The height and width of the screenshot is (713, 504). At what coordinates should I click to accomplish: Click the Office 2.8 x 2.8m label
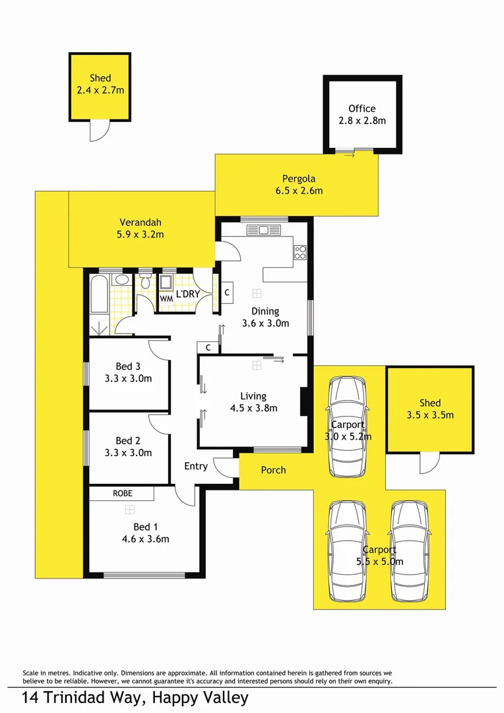tap(362, 114)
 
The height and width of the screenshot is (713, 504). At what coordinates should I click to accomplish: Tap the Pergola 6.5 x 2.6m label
tap(299, 184)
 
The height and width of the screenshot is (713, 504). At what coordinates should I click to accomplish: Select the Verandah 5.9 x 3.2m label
tap(141, 228)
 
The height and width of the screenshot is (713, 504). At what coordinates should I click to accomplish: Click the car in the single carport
tap(347, 426)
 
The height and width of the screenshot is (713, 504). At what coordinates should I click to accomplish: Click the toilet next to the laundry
tap(146, 283)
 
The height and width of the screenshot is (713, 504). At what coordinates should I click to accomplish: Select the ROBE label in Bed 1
tap(122, 493)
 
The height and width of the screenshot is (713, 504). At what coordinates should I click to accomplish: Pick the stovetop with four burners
tap(300, 252)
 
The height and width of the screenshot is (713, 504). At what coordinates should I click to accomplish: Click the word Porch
tap(273, 470)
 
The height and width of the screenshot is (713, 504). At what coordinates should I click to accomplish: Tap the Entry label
tap(196, 466)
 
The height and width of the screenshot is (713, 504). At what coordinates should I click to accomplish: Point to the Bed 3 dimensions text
tap(128, 378)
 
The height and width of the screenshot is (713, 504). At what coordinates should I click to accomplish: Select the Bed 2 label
tap(128, 440)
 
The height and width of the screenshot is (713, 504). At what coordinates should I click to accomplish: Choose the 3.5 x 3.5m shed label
tap(429, 409)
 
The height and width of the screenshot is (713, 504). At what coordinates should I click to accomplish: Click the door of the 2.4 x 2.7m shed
tap(98, 131)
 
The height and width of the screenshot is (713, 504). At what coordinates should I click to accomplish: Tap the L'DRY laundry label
tap(188, 294)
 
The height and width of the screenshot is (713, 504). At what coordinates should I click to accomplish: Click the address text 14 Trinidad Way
tap(135, 698)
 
